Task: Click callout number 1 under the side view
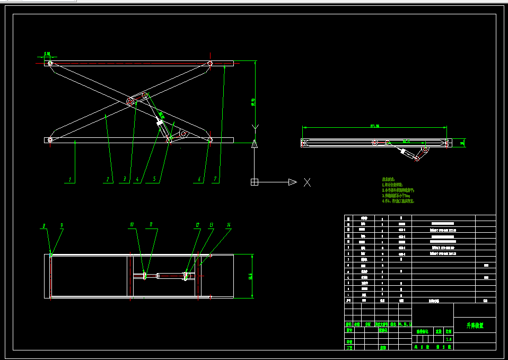click(x=69, y=180)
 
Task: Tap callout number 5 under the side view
click(x=154, y=180)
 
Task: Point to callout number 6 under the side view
click(x=200, y=180)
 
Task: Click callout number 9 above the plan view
click(x=62, y=225)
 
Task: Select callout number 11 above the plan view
click(x=151, y=225)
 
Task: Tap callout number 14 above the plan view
click(x=229, y=225)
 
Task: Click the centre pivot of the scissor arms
click(x=130, y=101)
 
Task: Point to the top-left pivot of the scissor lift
click(x=50, y=64)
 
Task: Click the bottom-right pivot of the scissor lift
click(x=210, y=140)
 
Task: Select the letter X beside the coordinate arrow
click(x=307, y=182)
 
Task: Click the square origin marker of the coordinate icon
click(x=255, y=182)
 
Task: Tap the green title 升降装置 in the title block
click(x=475, y=326)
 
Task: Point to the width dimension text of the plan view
click(x=250, y=276)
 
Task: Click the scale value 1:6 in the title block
click(x=449, y=339)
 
